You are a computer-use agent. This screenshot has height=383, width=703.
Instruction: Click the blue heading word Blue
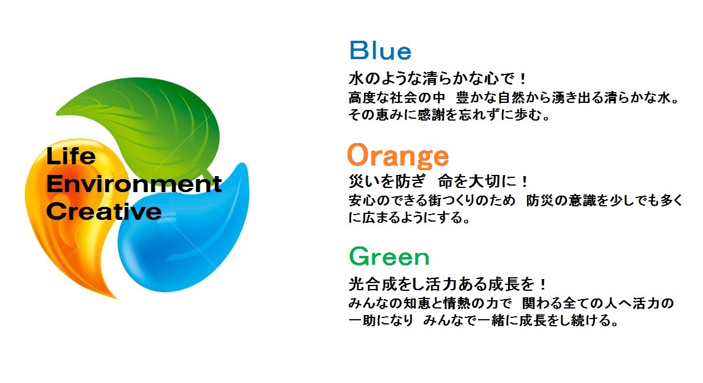380,50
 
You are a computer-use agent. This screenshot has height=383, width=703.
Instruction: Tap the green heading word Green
389,257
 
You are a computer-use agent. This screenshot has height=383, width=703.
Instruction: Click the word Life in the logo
71,155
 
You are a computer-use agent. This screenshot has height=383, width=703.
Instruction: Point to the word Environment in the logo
134,183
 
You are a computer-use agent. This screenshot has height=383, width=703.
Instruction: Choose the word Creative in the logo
103,211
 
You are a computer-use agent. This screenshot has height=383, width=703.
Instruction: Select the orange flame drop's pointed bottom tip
116,298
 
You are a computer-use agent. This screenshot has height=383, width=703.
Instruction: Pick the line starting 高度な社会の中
514,98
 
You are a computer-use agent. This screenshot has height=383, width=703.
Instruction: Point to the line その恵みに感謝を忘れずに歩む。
449,115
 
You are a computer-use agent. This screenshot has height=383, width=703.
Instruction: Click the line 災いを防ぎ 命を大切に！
438,181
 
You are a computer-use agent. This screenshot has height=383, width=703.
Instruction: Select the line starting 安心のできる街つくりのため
516,200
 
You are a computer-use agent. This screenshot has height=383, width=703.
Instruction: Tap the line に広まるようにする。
409,218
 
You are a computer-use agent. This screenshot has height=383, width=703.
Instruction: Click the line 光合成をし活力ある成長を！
447,284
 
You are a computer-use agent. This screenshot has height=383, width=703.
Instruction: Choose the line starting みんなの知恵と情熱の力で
511,303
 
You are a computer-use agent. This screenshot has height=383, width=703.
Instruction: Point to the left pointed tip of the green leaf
57,111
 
